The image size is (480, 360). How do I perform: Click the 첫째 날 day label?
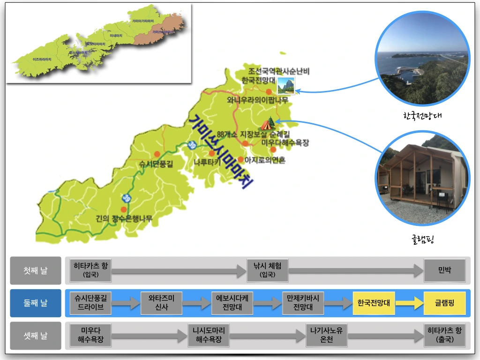(36, 270)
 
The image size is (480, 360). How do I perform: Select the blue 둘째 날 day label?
(36, 303)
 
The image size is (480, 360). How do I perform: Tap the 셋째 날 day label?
(36, 336)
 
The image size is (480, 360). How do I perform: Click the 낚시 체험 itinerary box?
(268, 270)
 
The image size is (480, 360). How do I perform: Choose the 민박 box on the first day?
(444, 270)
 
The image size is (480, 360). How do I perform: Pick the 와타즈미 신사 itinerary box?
(161, 303)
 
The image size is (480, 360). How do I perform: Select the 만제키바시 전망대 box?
(303, 303)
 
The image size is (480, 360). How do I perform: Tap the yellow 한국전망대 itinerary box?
(374, 303)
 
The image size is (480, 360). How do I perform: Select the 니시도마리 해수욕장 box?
(209, 336)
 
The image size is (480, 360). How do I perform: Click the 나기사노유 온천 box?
(326, 336)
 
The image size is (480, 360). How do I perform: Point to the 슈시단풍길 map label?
(156, 164)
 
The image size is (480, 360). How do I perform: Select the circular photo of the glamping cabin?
(422, 179)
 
